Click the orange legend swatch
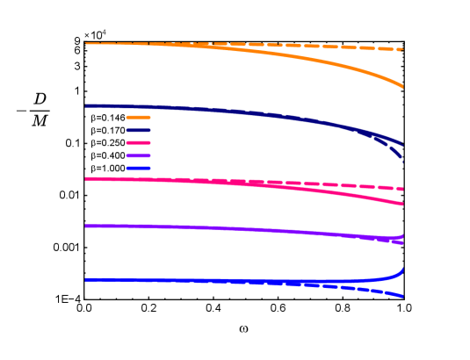[138, 117]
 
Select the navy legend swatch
[138, 130]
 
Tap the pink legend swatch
[138, 142]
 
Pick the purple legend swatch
[138, 155]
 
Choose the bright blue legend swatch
[138, 168]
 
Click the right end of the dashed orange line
[402, 49]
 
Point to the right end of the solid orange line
[402, 86]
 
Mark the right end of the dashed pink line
[402, 189]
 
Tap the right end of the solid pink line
[402, 204]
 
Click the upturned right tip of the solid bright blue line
[402, 268]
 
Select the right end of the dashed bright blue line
[402, 297]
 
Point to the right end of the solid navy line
[402, 144]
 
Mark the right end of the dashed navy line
[402, 159]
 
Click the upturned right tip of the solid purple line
[402, 234]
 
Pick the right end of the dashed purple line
[402, 241]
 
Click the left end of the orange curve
[85, 43]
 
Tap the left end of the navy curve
[85, 106]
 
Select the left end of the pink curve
[85, 178]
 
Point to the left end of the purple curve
[85, 227]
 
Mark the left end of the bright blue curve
[85, 280]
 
